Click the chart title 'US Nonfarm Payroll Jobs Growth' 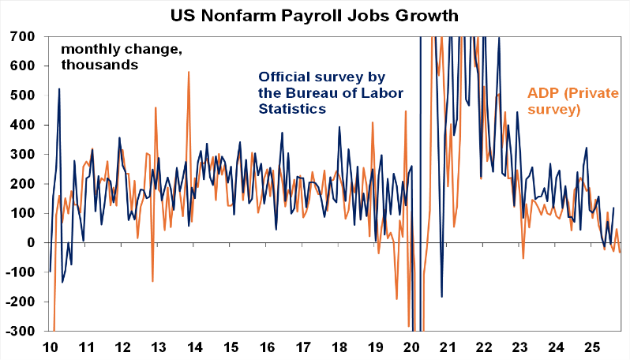click(314, 14)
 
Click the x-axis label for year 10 click(50, 347)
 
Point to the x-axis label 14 click(194, 347)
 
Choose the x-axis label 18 click(339, 347)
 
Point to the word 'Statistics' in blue click(293, 109)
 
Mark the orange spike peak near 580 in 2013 click(189, 72)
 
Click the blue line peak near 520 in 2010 click(59, 89)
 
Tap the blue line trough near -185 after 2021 click(442, 297)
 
